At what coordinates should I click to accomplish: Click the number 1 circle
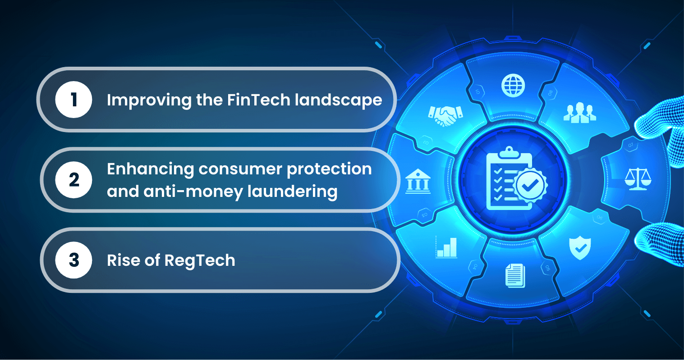[x=73, y=100]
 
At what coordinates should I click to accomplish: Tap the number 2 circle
[x=73, y=180]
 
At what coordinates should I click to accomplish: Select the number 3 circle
[x=73, y=260]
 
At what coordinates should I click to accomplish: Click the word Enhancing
[x=151, y=169]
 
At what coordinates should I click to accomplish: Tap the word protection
[x=329, y=169]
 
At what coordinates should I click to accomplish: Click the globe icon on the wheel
[x=513, y=85]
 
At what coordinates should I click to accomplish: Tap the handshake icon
[x=445, y=115]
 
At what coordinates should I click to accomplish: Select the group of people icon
[x=579, y=113]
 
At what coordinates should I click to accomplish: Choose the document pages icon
[x=515, y=275]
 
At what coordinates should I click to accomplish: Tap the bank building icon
[x=418, y=181]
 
